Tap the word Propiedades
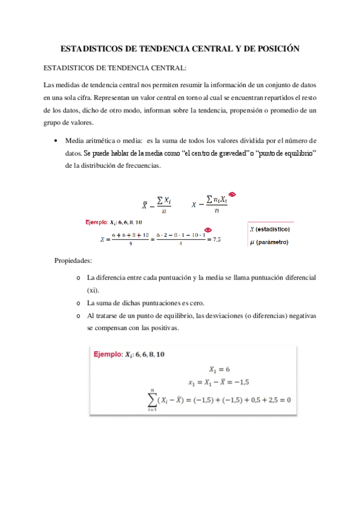click(x=73, y=261)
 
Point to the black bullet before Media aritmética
click(x=55, y=140)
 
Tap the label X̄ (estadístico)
click(x=270, y=230)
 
